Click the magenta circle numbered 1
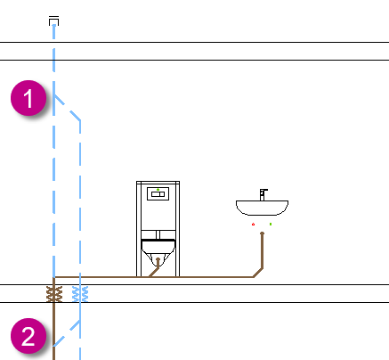[28, 98]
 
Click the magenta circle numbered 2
[28, 336]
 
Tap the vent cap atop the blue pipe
[53, 21]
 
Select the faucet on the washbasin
[263, 194]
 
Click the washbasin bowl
[262, 208]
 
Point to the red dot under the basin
[253, 225]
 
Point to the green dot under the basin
[271, 224]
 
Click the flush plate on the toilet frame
[158, 194]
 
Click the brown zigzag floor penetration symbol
[54, 294]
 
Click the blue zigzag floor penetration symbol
[80, 294]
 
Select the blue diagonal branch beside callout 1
[67, 108]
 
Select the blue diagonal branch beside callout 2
[67, 333]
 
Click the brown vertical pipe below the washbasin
[263, 251]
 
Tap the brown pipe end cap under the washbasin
[262, 233]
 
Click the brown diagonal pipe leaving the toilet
[154, 268]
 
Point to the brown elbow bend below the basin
[258, 273]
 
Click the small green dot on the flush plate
[158, 190]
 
